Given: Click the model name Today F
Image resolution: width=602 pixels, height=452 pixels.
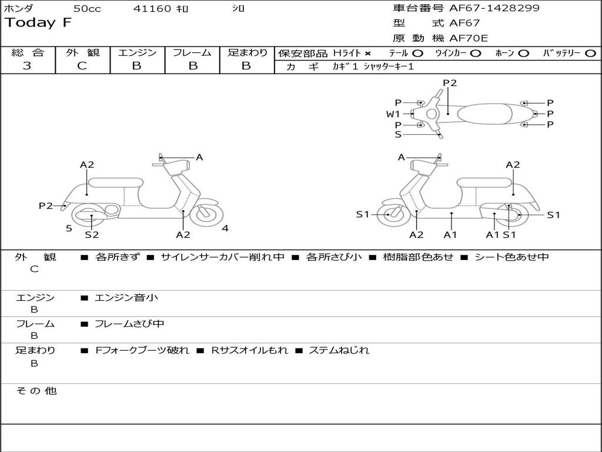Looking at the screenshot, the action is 38,23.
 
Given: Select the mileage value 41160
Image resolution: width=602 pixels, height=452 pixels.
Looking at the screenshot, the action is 152,9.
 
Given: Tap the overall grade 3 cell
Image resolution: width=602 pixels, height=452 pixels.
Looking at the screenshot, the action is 27,66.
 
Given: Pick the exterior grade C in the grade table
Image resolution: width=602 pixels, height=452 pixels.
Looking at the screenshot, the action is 82,66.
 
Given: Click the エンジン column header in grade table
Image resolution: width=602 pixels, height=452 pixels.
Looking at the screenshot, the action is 137,52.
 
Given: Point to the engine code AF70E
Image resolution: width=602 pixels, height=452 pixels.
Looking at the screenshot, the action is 469,38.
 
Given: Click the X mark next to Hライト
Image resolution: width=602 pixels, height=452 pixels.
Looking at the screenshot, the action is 367,54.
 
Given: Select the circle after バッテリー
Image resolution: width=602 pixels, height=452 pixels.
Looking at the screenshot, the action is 590,54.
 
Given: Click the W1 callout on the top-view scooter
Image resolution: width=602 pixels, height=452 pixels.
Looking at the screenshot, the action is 393,114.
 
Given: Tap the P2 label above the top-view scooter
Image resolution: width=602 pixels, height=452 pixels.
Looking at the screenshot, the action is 450,83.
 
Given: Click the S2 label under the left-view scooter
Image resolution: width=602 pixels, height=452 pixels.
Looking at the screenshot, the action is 92,235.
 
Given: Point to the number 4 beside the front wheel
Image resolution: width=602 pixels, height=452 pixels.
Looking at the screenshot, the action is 225,228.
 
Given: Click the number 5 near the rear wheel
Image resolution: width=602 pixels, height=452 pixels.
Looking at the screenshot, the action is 69,228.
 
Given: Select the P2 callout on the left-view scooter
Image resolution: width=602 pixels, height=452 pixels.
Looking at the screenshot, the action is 46,205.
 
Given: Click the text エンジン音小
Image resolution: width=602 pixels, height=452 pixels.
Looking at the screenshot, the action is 126,298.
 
